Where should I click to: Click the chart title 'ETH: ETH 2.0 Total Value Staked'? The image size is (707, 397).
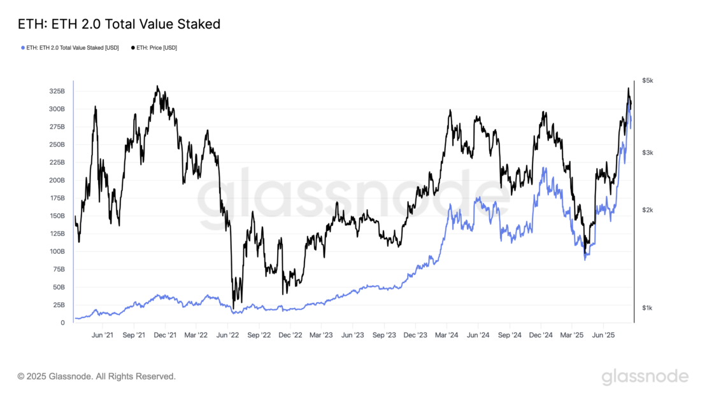(119, 25)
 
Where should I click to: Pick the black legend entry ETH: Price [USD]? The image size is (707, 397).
(154, 48)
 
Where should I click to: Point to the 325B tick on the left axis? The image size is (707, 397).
(57, 91)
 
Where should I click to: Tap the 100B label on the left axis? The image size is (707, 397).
(57, 251)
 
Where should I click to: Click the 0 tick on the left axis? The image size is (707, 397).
(62, 323)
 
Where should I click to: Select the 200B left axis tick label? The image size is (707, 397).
(57, 180)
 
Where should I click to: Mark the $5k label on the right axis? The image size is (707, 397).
(648, 81)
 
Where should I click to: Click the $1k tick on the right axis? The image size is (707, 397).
(648, 308)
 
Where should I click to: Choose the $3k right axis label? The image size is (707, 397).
(648, 153)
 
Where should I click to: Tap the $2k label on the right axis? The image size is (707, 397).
(648, 210)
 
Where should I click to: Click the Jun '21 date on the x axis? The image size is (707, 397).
(103, 335)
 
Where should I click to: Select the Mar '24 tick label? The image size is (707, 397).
(447, 335)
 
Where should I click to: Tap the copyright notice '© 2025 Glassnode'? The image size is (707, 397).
(96, 377)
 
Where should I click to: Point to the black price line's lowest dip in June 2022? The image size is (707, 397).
(234, 309)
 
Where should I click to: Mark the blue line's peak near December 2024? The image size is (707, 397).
(543, 169)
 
